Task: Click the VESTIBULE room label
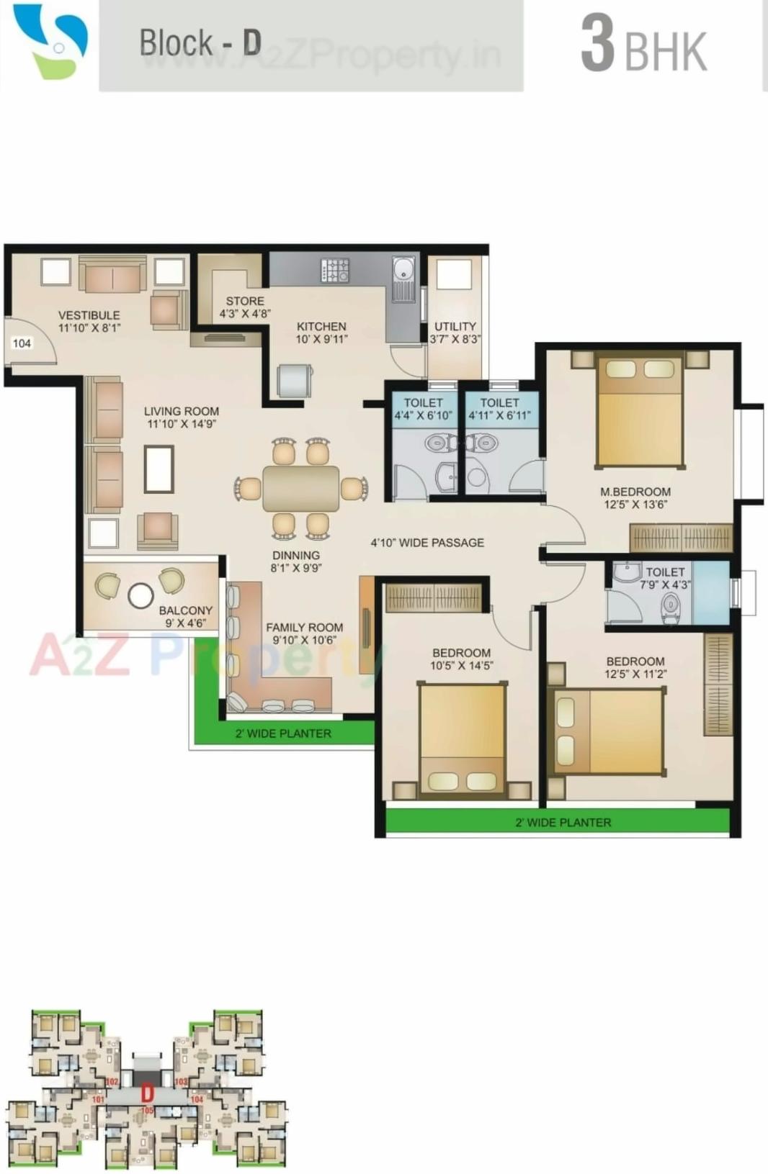point(89,321)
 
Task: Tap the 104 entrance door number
point(22,343)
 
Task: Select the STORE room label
point(245,307)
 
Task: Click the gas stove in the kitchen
point(335,271)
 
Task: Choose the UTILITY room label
point(455,332)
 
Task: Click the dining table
point(300,489)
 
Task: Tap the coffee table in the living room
point(158,469)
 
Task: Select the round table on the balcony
point(140,595)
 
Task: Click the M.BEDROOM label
point(635,497)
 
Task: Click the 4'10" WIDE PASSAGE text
point(427,543)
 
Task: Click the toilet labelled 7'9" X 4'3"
point(664,578)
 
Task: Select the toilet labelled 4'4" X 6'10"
point(423,409)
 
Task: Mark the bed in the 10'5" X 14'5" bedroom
point(462,739)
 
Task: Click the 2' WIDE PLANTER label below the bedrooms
point(563,822)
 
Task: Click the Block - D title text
point(200,42)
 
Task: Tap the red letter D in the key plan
point(147,1094)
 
